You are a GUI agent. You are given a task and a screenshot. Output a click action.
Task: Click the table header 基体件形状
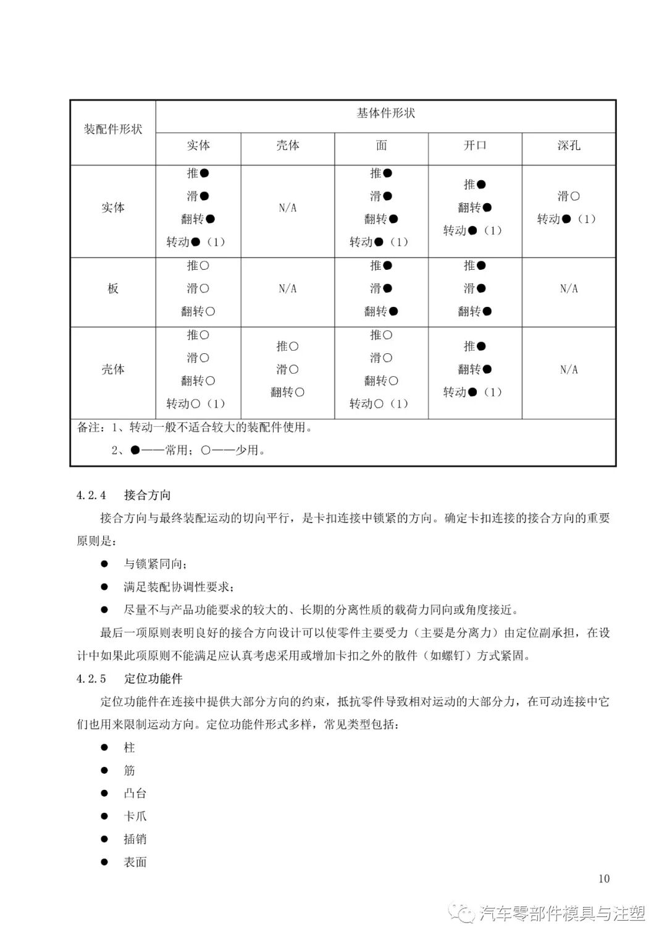(x=385, y=114)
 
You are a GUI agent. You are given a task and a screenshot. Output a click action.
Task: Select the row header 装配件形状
(x=113, y=130)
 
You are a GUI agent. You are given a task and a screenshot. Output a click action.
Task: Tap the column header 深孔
(x=568, y=146)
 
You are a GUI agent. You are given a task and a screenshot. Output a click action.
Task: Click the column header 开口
(x=475, y=146)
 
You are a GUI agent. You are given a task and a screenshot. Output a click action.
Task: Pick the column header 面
(x=381, y=146)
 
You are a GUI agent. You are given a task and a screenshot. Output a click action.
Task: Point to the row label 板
(x=113, y=289)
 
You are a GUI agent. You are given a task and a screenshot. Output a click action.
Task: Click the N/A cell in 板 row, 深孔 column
(x=568, y=289)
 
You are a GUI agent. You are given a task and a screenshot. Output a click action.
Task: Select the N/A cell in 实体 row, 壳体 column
(x=287, y=208)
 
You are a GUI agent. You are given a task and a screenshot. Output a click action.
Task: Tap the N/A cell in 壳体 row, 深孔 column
(x=568, y=370)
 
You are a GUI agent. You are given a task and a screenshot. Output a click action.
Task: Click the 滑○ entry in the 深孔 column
(x=568, y=196)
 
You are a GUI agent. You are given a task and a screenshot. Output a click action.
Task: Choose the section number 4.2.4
(x=91, y=495)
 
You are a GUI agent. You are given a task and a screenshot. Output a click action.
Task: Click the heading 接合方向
(x=147, y=495)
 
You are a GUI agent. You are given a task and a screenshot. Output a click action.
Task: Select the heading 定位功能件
(x=153, y=679)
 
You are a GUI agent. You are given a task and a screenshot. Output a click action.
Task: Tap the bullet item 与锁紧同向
(x=154, y=564)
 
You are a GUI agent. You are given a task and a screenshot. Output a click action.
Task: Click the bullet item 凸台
(x=135, y=794)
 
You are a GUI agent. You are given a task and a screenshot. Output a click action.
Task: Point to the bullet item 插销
(x=135, y=839)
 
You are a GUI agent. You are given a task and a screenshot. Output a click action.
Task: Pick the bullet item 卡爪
(x=135, y=816)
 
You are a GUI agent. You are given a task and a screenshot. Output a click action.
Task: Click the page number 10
(x=603, y=879)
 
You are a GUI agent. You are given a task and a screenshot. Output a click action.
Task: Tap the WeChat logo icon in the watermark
(x=461, y=913)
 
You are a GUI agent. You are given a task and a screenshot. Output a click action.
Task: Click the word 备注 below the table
(x=88, y=427)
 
